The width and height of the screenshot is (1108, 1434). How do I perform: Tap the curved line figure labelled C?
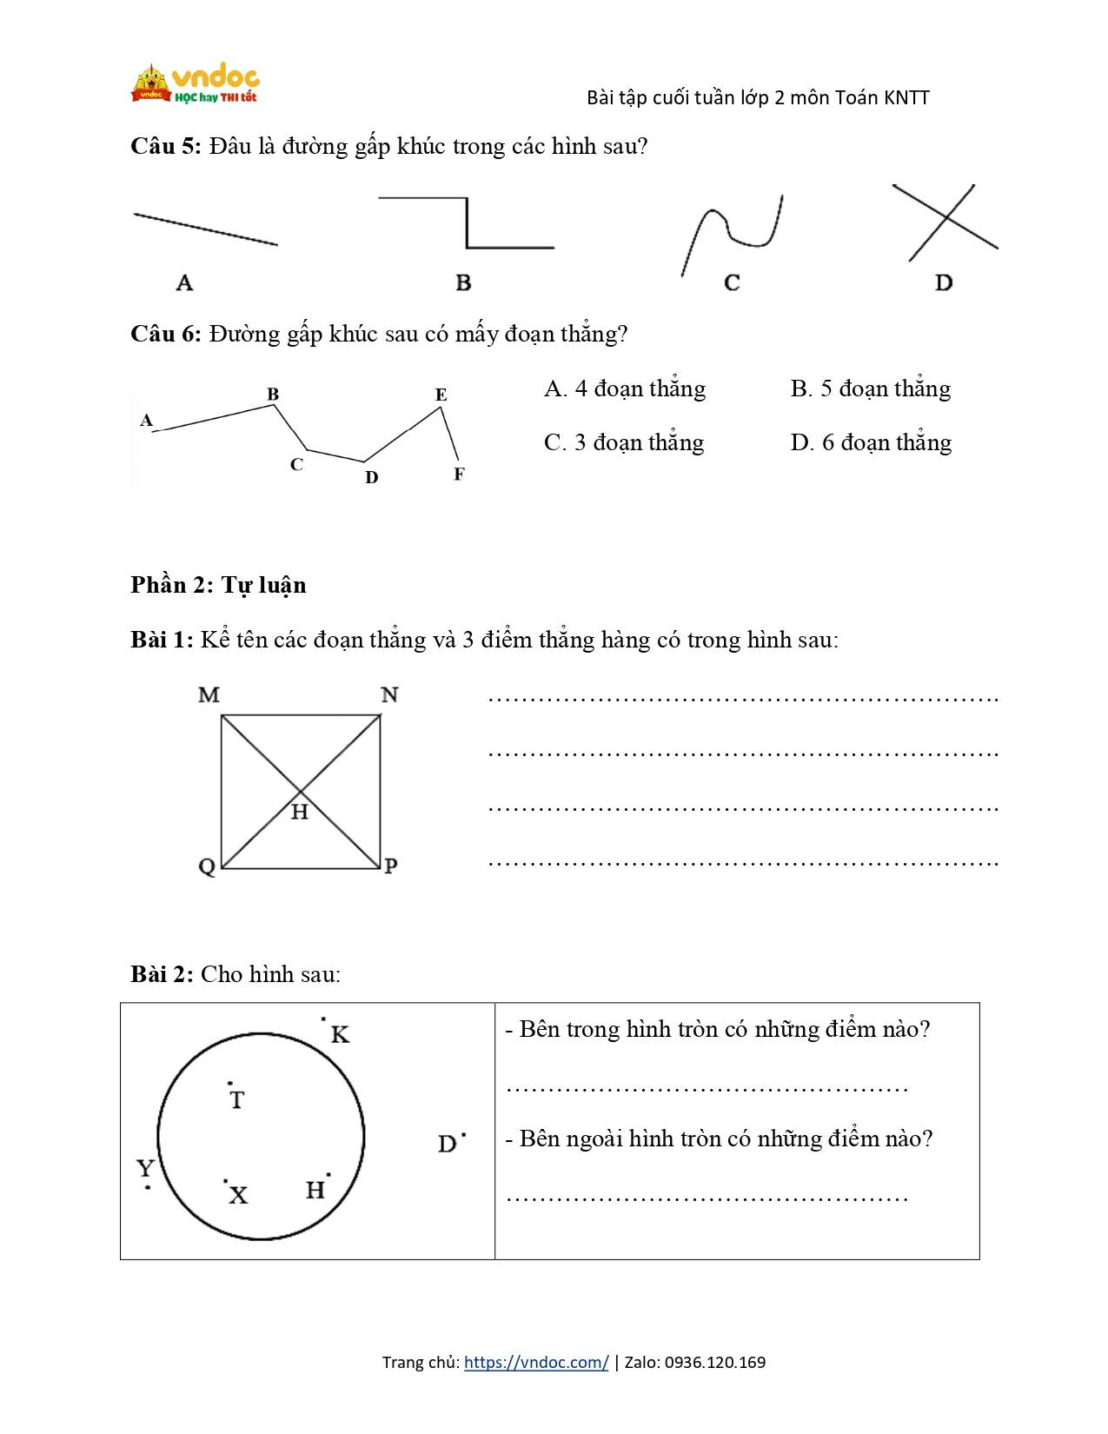pos(733,233)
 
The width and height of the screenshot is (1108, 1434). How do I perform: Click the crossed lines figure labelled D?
pos(945,222)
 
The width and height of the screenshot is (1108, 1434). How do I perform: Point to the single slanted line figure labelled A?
pos(206,229)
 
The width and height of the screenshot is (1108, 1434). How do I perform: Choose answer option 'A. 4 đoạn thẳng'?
pos(625,388)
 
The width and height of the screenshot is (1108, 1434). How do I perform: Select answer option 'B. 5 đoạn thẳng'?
pos(870,388)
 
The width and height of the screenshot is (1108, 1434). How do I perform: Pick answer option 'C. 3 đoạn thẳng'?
pos(624,442)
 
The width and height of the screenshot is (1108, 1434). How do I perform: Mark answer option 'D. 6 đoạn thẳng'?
pos(871,442)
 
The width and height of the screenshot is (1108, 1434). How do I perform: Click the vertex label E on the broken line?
pos(441,395)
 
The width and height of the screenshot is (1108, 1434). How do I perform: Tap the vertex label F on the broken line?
pos(459,474)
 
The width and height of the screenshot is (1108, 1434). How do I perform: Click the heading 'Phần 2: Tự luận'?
pos(218,585)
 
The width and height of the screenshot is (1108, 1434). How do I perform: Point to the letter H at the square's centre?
pos(300,813)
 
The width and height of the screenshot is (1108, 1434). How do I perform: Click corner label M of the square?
pos(209,694)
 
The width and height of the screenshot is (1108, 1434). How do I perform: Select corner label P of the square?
pos(391,866)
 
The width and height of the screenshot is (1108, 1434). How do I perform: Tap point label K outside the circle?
pos(340,1034)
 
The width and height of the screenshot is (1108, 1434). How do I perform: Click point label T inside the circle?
pos(237,1100)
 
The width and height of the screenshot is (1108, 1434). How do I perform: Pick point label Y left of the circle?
pos(146,1168)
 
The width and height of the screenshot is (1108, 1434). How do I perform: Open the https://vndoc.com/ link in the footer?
pos(536,1362)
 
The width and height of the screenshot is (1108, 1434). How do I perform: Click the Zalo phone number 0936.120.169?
pos(715,1362)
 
